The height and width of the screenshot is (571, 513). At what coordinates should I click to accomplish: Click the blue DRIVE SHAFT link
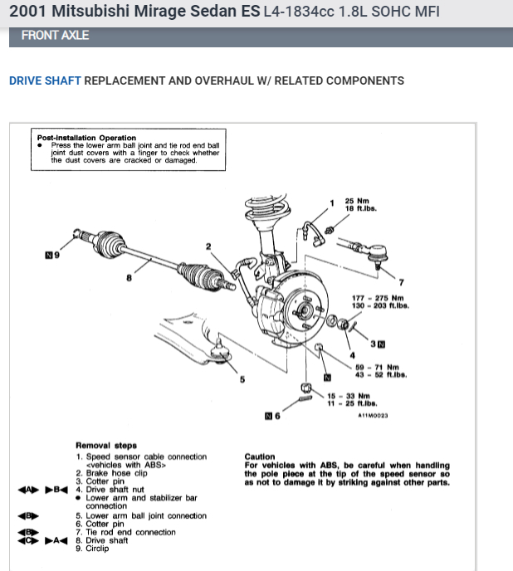[x=45, y=81]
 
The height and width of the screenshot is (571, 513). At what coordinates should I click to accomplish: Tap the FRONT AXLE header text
[x=55, y=36]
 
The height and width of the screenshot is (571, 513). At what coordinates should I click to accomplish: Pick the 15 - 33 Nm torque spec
[x=347, y=396]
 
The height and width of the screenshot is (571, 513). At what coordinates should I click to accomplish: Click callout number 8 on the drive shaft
[x=129, y=278]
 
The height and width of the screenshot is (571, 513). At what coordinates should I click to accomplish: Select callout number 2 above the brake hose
[x=208, y=246]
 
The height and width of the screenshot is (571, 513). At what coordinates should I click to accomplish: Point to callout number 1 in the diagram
[x=332, y=203]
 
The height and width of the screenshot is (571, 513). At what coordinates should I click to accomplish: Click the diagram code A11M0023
[x=373, y=416]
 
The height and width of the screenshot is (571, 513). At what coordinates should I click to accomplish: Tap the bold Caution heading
[x=260, y=456]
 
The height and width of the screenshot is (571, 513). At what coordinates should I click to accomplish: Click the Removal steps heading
[x=106, y=446]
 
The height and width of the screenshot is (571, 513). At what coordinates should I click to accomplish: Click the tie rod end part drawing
[x=365, y=248]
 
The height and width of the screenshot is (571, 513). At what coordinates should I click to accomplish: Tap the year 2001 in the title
[x=27, y=12]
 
